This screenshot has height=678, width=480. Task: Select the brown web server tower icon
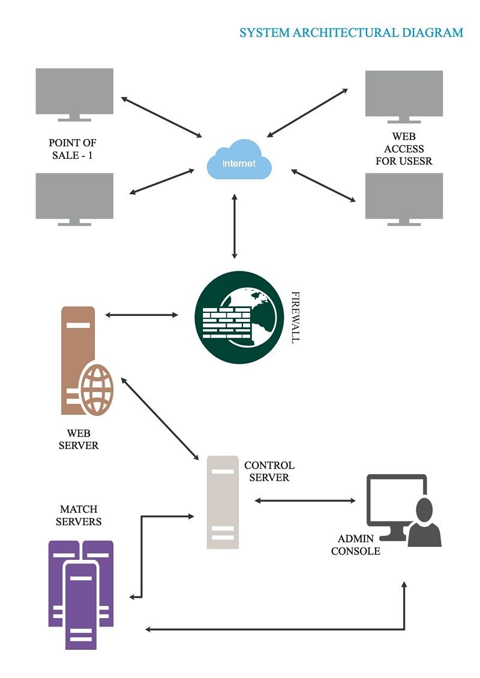(x=86, y=361)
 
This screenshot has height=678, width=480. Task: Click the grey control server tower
(x=223, y=502)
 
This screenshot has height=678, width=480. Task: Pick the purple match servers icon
(x=81, y=595)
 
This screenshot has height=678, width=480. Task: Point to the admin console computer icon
(x=403, y=510)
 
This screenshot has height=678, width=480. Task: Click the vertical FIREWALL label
(x=295, y=317)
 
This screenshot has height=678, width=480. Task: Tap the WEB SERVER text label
(x=79, y=439)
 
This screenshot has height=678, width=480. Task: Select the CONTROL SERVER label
(x=269, y=471)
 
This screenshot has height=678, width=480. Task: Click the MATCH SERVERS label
(x=79, y=516)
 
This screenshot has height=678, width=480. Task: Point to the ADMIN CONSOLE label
(x=356, y=545)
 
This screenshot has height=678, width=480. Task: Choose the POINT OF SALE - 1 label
(x=72, y=149)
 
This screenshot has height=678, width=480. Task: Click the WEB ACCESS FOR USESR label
(x=404, y=149)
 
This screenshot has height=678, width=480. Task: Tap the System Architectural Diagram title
(x=352, y=32)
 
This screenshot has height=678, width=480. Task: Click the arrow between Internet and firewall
(x=235, y=226)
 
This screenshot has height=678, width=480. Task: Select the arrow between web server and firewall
(x=142, y=315)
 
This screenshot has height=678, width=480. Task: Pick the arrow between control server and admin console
(x=305, y=501)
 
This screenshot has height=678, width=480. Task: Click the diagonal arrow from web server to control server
(x=160, y=418)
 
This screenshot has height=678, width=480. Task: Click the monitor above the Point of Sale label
(x=74, y=95)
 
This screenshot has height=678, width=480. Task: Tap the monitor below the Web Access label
(x=404, y=200)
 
